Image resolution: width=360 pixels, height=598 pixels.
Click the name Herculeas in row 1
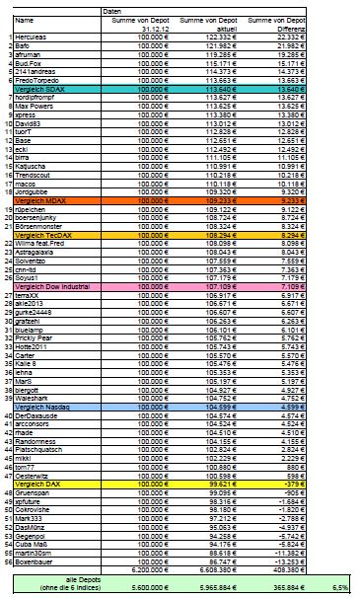pyautogui.click(x=33, y=37)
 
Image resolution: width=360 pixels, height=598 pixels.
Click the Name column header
pyautogui.click(x=25, y=19)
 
